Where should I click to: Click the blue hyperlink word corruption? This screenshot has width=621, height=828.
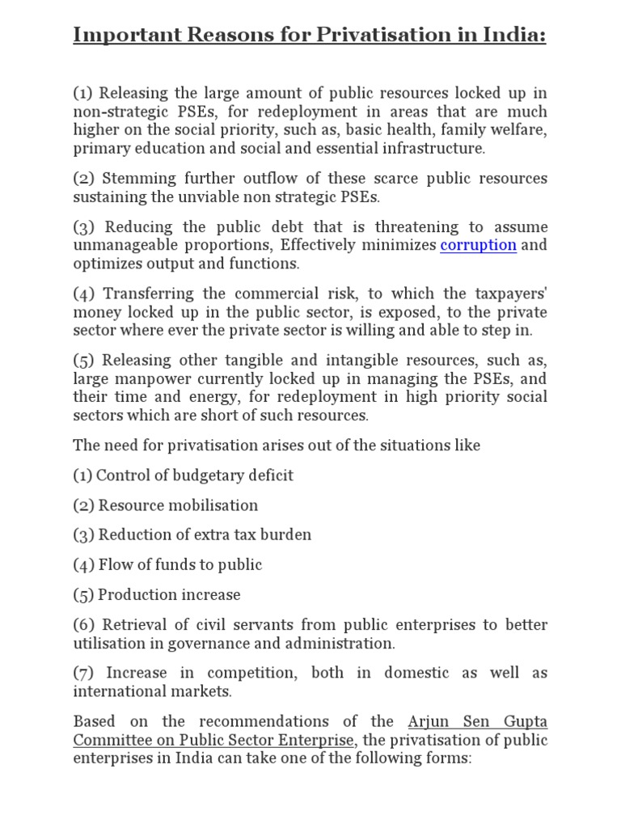478,245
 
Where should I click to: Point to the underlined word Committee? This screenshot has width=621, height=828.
107,740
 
